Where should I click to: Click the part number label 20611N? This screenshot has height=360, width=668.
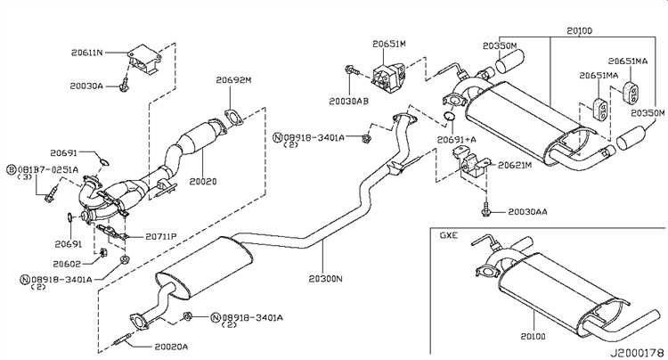pos(87,53)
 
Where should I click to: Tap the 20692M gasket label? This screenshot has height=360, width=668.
pos(233,79)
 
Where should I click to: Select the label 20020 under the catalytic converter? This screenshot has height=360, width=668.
pos(203,182)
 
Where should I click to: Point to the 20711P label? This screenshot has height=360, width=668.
pos(161,236)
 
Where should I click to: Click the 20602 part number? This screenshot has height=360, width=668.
pos(67,264)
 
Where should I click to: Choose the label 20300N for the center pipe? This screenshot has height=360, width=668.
pos(326,279)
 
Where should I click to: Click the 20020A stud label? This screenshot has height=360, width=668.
pos(171,347)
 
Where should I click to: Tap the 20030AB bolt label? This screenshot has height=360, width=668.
pos(348,101)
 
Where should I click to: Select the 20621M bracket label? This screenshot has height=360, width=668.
pos(515,165)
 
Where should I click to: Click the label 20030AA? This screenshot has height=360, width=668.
pos(527,212)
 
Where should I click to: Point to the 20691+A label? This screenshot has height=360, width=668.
pos(456,139)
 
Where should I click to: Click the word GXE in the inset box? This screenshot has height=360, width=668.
pos(449,235)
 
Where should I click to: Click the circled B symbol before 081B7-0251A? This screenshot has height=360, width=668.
pos(12,169)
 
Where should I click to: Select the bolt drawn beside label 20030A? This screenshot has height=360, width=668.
pos(124,86)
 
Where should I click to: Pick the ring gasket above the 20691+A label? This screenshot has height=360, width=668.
pos(450,116)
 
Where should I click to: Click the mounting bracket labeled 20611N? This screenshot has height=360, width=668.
pos(145,60)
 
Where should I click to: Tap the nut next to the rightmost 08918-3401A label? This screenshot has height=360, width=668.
pos(187,316)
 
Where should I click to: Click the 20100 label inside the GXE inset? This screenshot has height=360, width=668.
pos(533,336)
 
